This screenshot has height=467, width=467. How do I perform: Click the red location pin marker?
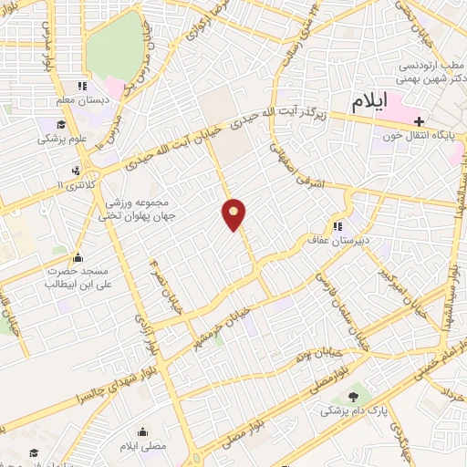click(234, 214)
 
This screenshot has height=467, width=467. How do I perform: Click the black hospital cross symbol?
click(418, 120)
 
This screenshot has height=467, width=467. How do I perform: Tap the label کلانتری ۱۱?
click(75, 185)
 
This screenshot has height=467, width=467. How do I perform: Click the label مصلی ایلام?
click(141, 447)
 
